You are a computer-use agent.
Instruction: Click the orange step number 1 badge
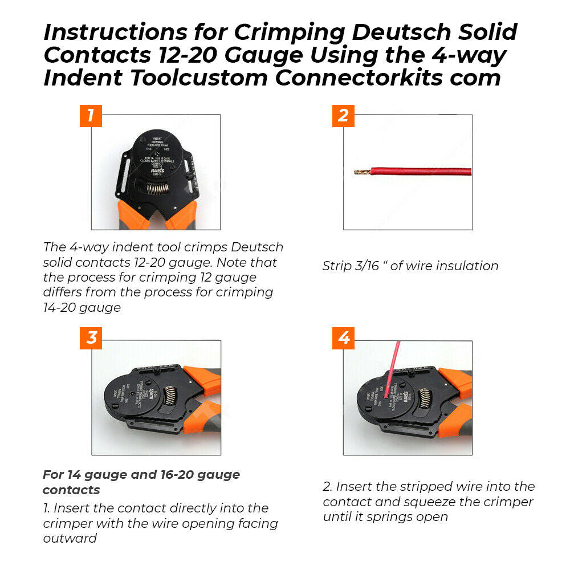tap(91, 116)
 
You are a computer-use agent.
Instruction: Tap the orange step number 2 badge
tap(343, 116)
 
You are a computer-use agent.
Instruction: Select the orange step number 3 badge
tap(91, 338)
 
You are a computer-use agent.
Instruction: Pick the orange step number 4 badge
tap(343, 338)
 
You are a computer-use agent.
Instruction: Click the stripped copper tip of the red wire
tap(361, 172)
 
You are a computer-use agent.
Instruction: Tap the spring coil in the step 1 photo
tap(155, 189)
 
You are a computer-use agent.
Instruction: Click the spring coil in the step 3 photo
tap(170, 398)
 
